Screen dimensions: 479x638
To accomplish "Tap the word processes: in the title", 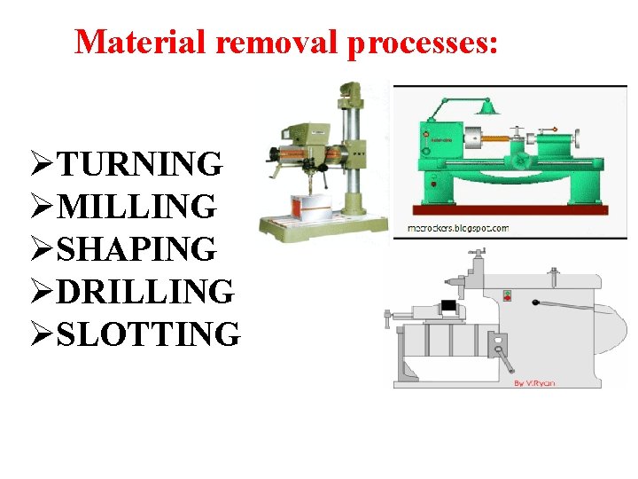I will coord(424,41).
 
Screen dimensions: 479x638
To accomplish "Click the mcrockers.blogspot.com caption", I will coord(458,228).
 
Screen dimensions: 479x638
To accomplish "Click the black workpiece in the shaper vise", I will coord(450,306).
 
